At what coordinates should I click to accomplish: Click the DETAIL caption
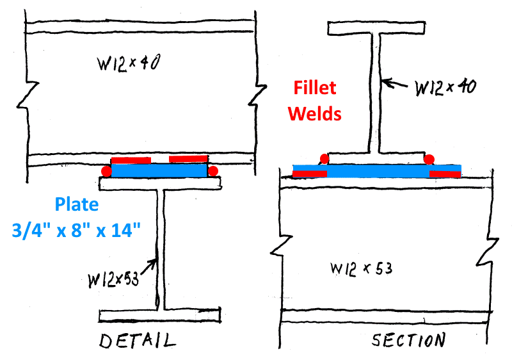(137, 340)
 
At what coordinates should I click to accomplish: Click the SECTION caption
(408, 340)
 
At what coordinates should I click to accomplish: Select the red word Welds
(314, 113)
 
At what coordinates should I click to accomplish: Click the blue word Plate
(77, 205)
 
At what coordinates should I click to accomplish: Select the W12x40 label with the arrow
(445, 87)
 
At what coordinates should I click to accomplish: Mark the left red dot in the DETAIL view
(106, 171)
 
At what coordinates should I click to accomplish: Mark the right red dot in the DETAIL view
(213, 171)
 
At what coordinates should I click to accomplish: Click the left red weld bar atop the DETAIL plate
(131, 160)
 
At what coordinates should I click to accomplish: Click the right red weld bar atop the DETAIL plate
(188, 159)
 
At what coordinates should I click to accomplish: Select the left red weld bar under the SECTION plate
(310, 174)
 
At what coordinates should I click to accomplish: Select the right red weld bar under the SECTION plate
(445, 174)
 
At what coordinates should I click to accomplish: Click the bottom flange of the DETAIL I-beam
(160, 315)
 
